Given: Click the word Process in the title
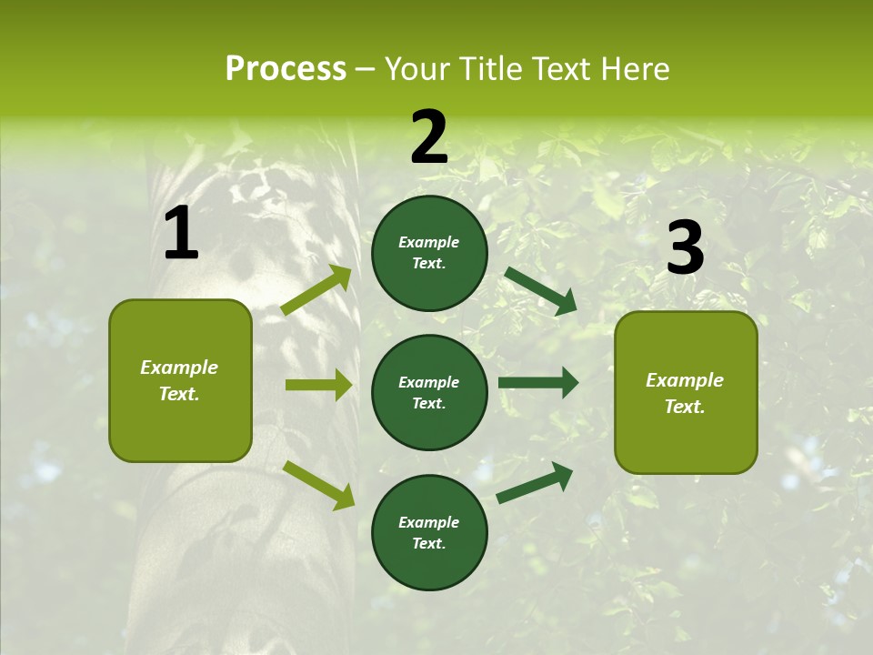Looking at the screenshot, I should coord(286,69).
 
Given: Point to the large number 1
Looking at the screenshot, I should coord(181,234).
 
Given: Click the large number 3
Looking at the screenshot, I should coord(685,247).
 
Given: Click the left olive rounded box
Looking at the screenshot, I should coord(180,380).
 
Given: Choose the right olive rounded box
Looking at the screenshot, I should coord(686,392).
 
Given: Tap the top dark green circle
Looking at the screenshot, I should coord(429,253).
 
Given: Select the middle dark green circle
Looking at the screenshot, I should coord(429,392).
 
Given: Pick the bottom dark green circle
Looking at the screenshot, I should coord(429,532).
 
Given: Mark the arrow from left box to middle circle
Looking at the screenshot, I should coord(318,385).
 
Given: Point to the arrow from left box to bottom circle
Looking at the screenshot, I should coord(318,484).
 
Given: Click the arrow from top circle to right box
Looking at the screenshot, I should coord(541,290).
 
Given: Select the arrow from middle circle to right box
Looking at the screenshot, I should coord(538,383).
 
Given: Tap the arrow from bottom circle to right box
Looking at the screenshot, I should coord(536,482).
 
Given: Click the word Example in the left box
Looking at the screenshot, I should coord(179,368).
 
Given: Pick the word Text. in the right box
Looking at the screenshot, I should coord(685,407).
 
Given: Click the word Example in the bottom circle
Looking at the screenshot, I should coord(428,522).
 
